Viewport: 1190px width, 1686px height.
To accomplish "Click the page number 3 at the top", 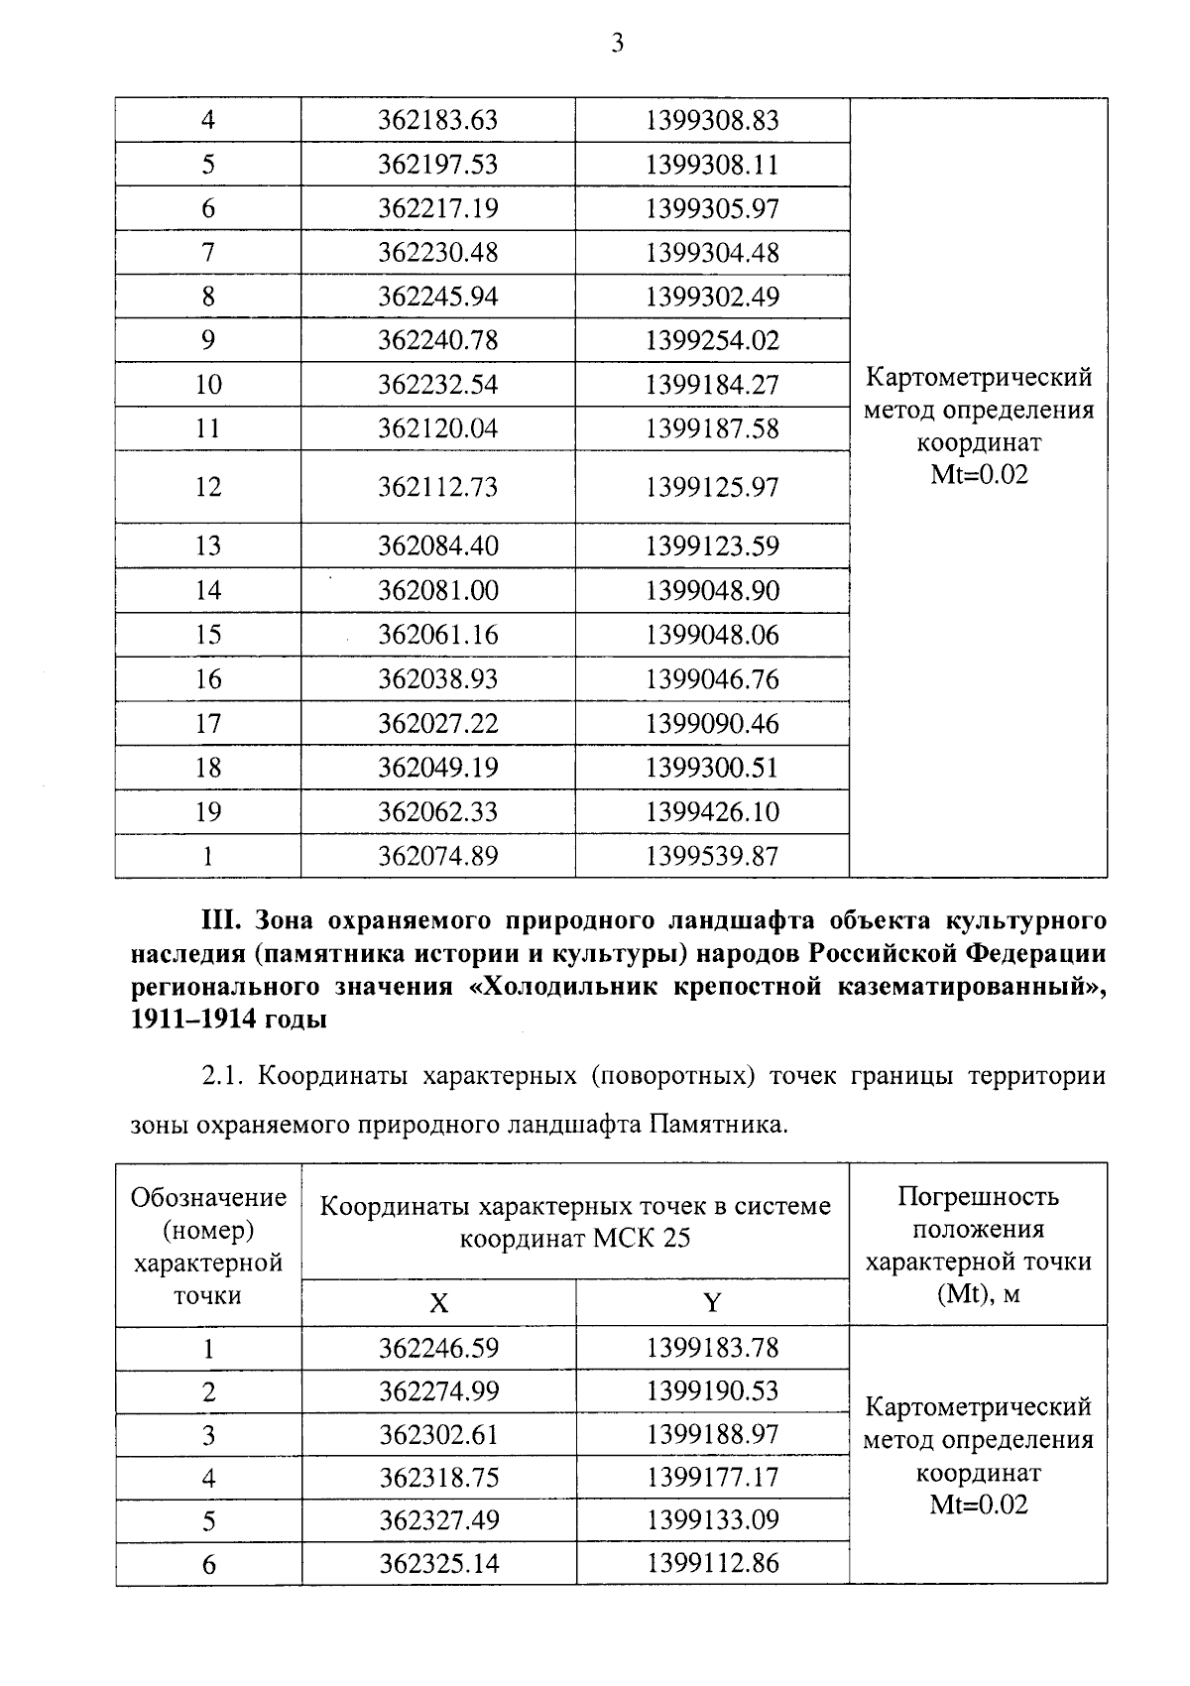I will pos(617,43).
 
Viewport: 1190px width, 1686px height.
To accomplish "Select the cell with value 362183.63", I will pos(437,121).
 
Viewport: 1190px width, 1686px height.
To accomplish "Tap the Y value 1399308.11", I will pos(712,165).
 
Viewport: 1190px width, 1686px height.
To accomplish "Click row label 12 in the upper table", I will pos(208,487).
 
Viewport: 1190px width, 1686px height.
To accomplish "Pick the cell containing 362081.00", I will pos(437,591).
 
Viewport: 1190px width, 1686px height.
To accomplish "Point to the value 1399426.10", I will pos(712,812).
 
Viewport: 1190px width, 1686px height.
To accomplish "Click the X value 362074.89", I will pos(437,856).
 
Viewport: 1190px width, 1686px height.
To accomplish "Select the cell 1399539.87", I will pos(712,856).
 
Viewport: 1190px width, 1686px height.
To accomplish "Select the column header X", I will pos(438,1303).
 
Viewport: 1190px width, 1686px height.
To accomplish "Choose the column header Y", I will pos(711,1303).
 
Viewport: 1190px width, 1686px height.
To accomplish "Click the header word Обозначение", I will pos(208,1198).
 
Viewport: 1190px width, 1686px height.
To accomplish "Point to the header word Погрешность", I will pos(978,1196).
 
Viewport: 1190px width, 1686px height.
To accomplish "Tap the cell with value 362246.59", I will pos(438,1349).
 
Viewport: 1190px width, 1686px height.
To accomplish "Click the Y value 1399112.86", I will pos(712,1564).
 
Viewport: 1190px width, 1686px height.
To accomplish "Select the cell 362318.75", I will pos(438,1478).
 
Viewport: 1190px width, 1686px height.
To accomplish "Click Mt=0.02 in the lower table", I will pos(978,1505).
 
